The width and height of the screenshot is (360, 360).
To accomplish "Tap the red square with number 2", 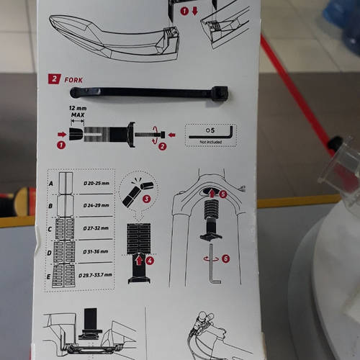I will [x=54, y=79].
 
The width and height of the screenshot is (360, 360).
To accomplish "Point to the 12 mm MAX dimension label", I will [x=77, y=112].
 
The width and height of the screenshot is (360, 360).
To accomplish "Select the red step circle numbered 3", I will [x=146, y=198].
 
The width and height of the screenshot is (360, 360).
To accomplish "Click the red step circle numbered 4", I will [x=150, y=260].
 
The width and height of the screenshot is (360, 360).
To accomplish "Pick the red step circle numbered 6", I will [x=225, y=258].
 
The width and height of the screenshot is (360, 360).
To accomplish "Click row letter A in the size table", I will [x=50, y=183].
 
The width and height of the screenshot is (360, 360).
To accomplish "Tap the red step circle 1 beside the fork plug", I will [x=60, y=145].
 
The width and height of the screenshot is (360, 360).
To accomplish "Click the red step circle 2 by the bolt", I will [x=162, y=146].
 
